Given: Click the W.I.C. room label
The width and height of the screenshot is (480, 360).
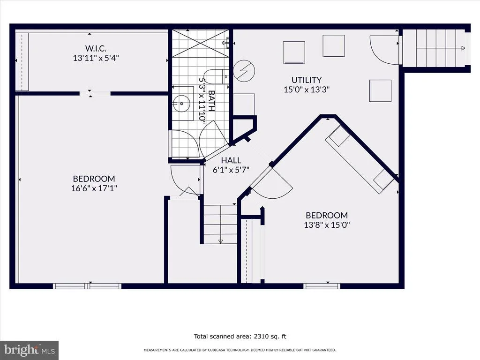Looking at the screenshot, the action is [x=96, y=48].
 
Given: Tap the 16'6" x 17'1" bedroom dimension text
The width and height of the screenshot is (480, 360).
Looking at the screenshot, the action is [x=94, y=188].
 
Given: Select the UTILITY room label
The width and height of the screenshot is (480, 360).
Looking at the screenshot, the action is [x=307, y=80].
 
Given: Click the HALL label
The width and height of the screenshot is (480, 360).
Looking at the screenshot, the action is [x=231, y=160].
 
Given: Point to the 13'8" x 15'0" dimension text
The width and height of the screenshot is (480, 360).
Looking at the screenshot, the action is [x=327, y=225].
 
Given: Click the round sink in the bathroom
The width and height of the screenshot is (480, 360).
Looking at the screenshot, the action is [x=181, y=104].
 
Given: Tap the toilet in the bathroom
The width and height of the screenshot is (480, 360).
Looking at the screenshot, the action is [x=216, y=77].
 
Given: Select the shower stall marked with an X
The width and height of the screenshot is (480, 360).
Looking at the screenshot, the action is [x=200, y=43].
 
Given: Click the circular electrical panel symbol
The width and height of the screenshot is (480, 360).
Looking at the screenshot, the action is [x=244, y=71].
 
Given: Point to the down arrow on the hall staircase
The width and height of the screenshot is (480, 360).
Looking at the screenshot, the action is [x=220, y=241].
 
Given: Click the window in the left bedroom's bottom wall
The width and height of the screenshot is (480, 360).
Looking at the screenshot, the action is [x=87, y=286].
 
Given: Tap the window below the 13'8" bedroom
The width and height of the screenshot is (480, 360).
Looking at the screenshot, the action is [x=322, y=286].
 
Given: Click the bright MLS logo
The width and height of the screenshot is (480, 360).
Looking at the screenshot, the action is [x=29, y=350].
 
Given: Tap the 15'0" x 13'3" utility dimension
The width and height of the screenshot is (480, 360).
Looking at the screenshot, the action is [x=307, y=90].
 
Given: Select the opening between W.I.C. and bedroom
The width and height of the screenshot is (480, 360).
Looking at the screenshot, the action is [x=95, y=93].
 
